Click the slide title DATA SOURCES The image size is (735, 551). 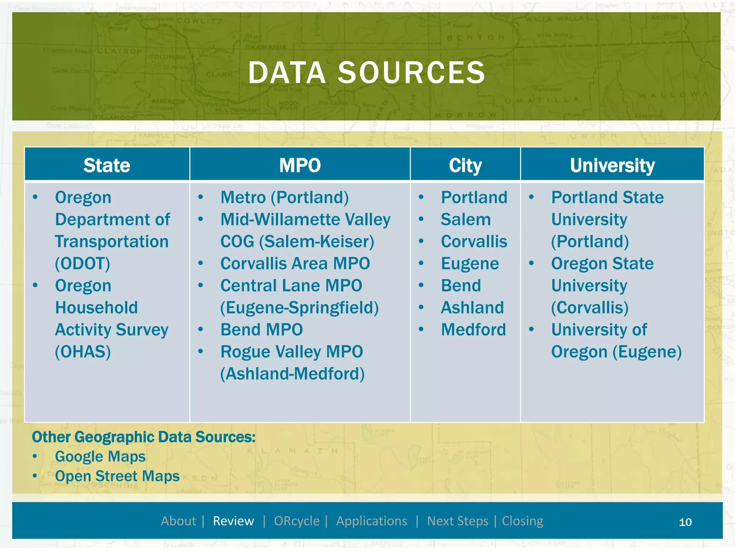pyautogui.click(x=367, y=73)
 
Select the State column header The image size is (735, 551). pyautogui.click(x=107, y=165)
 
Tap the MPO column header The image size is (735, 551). pyautogui.click(x=300, y=165)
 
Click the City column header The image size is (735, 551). pyautogui.click(x=465, y=165)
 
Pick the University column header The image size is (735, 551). pyautogui.click(x=612, y=165)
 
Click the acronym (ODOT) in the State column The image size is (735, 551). pyautogui.click(x=83, y=264)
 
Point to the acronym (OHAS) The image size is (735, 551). pyautogui.click(x=83, y=352)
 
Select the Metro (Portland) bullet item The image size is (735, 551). pyautogui.click(x=284, y=197)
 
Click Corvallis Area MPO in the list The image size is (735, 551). pyautogui.click(x=295, y=264)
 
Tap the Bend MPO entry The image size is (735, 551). pyautogui.click(x=262, y=330)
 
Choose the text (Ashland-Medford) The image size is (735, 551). pyautogui.click(x=292, y=374)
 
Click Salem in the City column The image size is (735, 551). pyautogui.click(x=465, y=220)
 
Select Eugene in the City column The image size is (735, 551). pyautogui.click(x=470, y=264)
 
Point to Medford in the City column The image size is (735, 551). pyautogui.click(x=473, y=330)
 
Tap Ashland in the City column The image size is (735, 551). pyautogui.click(x=472, y=308)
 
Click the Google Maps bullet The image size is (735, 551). pyautogui.click(x=100, y=457)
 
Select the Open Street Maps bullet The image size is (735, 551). pyautogui.click(x=117, y=476)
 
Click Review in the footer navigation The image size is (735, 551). pyautogui.click(x=233, y=521)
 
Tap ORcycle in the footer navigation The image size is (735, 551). pyautogui.click(x=296, y=521)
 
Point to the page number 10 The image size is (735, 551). pyautogui.click(x=685, y=522)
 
